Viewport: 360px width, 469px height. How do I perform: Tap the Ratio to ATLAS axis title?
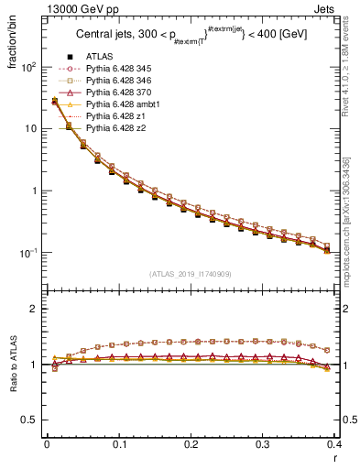(x=13, y=364)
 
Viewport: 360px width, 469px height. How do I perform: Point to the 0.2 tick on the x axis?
(x=191, y=444)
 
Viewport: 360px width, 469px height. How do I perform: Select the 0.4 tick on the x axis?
(x=334, y=444)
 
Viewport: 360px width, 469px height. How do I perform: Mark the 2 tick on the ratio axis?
(x=34, y=309)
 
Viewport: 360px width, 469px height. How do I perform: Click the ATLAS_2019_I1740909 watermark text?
(x=191, y=274)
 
